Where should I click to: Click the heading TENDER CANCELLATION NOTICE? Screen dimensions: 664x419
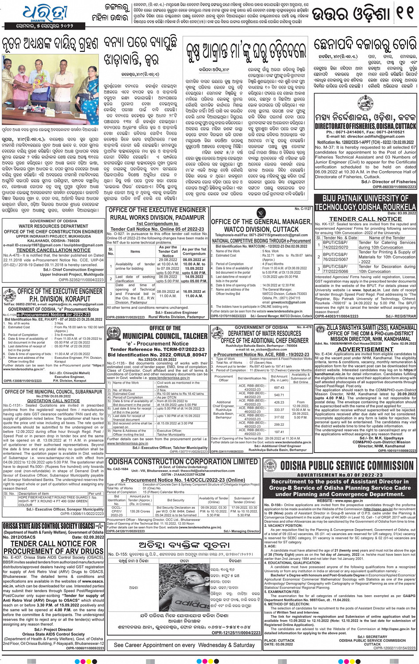click(53, 250)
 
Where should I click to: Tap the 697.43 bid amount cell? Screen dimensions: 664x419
click(279, 387)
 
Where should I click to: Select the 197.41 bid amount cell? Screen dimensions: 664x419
click(279, 432)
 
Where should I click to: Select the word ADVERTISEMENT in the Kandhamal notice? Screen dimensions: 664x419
click(365, 349)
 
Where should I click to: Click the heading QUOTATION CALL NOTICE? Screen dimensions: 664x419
click(53, 401)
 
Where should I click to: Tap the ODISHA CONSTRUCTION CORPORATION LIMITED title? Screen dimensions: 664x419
click(183, 462)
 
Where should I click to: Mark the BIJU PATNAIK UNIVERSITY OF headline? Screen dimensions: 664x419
click(366, 198)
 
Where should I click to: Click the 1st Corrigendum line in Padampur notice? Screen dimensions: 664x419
click(157, 224)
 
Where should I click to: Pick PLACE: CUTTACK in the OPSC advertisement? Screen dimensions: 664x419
click(279, 640)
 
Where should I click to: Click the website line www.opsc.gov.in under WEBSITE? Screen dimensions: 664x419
click(340, 501)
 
